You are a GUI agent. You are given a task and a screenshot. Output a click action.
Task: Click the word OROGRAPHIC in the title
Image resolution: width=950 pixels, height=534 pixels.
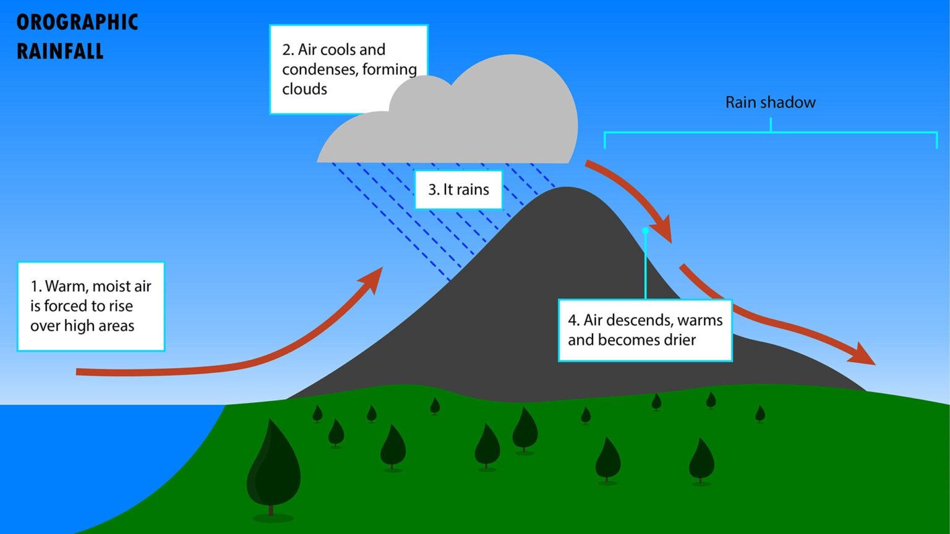point(77,22)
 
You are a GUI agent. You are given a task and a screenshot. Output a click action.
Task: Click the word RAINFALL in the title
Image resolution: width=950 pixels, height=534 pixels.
point(60,51)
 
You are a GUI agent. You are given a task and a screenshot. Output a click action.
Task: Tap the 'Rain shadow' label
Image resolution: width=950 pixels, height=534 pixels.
point(770,103)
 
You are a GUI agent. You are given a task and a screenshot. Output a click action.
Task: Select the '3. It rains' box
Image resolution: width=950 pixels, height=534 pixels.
point(458,190)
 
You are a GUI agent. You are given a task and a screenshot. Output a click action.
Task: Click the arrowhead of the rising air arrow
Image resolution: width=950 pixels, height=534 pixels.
point(374,278)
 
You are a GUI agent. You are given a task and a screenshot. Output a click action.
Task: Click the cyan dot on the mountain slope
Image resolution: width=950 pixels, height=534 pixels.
point(645,231)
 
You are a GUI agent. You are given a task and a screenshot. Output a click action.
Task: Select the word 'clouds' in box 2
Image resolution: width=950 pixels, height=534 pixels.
point(304,89)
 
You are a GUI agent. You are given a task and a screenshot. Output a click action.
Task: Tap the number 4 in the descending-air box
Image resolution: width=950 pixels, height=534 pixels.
point(573,320)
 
